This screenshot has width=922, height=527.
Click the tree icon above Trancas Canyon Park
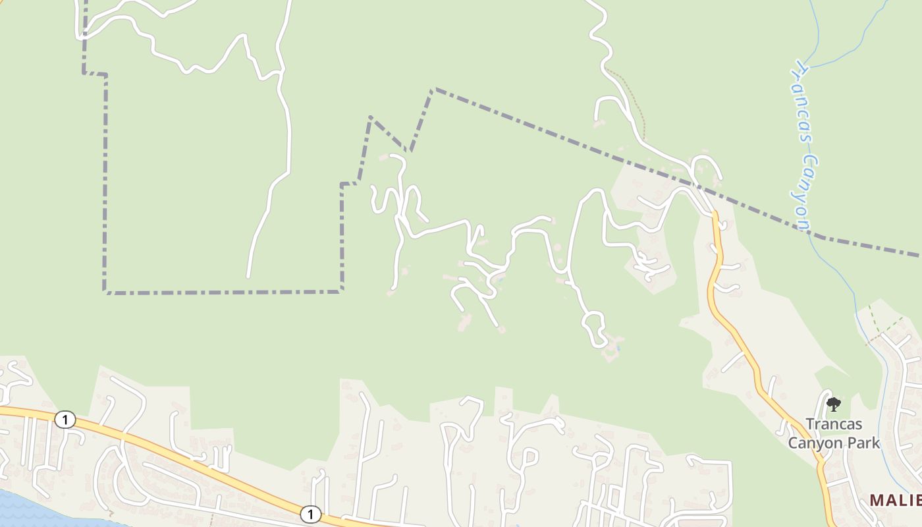(834, 404)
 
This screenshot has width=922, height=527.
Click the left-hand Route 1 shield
(65, 419)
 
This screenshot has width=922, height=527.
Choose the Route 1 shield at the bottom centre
(310, 514)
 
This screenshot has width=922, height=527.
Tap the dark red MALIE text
(895, 500)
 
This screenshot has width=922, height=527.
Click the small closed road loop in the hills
(594, 327)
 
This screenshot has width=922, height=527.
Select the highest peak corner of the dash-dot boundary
(433, 89)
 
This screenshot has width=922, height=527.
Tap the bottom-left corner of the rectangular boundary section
(105, 291)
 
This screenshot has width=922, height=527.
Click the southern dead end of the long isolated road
(248, 277)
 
